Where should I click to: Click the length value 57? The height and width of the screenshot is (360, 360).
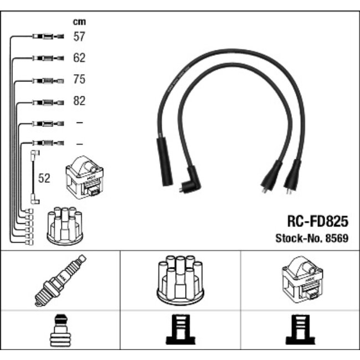coord(79,37)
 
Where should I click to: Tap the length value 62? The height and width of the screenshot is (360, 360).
coord(79,58)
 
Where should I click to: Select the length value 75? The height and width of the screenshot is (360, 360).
coord(79,80)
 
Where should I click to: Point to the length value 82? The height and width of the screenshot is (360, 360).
coord(79,101)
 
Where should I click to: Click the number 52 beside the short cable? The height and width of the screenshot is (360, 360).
coord(44,178)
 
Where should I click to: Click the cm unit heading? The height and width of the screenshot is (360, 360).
coord(79,22)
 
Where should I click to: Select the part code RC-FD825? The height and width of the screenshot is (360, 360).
coord(317,222)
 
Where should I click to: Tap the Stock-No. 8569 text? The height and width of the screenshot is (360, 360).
coord(312,239)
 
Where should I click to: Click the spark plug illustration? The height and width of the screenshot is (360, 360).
coord(60,280)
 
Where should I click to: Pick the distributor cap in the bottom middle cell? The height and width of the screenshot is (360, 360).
coord(180,280)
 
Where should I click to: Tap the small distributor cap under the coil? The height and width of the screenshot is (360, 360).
coord(65,227)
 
